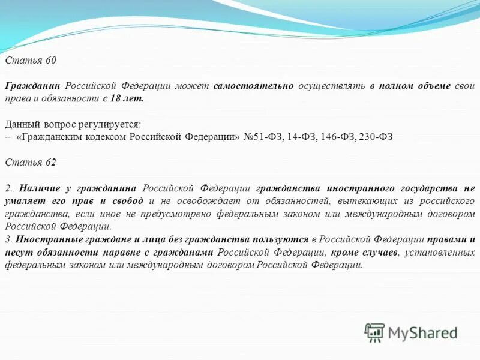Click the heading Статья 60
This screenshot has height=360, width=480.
31,61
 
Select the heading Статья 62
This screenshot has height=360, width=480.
31,162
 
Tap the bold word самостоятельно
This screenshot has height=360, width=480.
253,86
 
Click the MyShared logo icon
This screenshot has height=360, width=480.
374,332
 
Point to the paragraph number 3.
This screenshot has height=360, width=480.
8,239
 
